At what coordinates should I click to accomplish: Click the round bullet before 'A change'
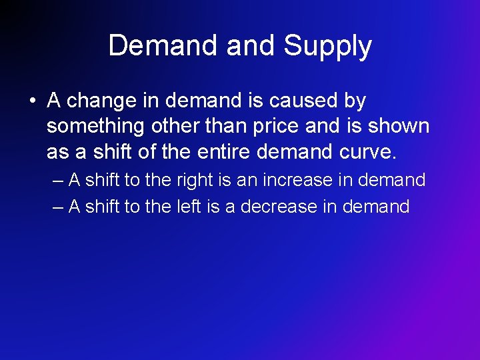31,101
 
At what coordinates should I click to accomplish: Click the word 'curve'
369,153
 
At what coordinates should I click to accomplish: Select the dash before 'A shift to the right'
58,180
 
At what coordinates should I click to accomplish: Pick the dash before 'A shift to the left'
58,207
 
